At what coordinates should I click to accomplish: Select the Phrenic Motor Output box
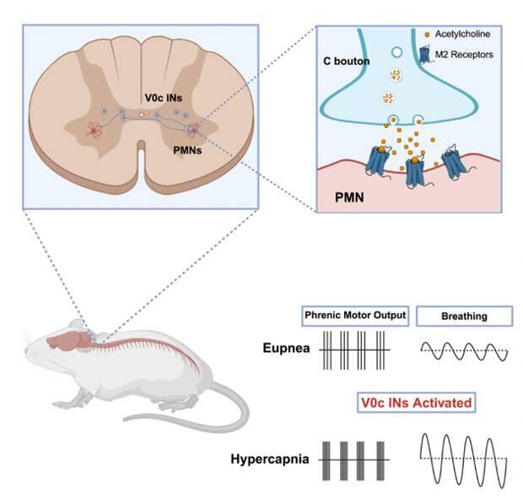(354, 316)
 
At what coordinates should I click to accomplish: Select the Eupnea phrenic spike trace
(354, 349)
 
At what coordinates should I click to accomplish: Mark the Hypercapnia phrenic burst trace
(354, 460)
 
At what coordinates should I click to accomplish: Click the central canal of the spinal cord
(143, 114)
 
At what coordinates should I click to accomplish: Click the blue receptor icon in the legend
(426, 55)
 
